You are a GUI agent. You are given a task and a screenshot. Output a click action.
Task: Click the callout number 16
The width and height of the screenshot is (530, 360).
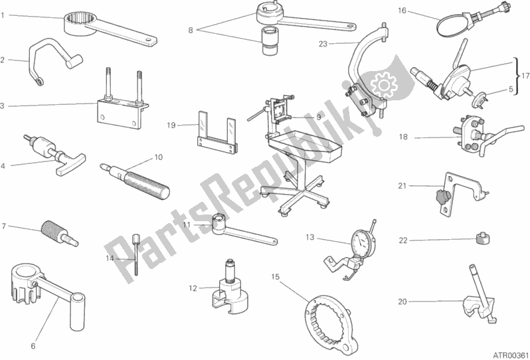[x=402, y=11]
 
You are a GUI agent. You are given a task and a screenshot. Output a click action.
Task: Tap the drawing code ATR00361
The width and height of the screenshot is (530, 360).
[x=511, y=355]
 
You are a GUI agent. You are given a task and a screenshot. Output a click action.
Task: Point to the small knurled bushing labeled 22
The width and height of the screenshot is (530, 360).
[x=482, y=238]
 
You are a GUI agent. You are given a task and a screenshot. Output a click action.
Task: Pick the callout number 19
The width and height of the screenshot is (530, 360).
[x=171, y=126]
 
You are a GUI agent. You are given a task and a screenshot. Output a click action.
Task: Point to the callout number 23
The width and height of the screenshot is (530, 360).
[x=323, y=44]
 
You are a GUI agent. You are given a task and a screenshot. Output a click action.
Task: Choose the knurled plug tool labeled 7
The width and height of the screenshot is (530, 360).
[x=60, y=233]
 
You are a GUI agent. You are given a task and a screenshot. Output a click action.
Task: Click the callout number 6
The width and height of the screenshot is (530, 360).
[x=33, y=346]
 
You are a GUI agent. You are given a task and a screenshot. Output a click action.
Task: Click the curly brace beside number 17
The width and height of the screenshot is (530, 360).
[x=516, y=76]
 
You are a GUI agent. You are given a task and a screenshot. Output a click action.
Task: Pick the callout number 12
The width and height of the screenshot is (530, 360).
[x=193, y=288]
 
